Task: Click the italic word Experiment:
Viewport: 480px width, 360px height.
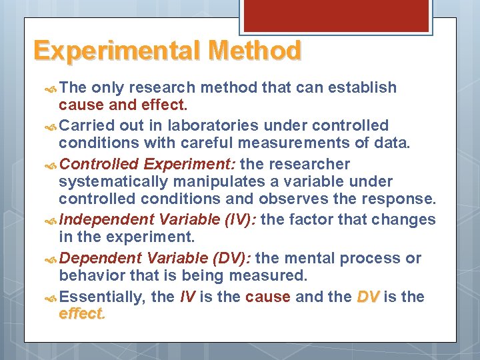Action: [189, 163]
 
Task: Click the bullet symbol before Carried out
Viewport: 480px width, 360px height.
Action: [52, 126]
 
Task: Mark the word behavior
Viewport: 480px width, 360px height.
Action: [87, 276]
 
